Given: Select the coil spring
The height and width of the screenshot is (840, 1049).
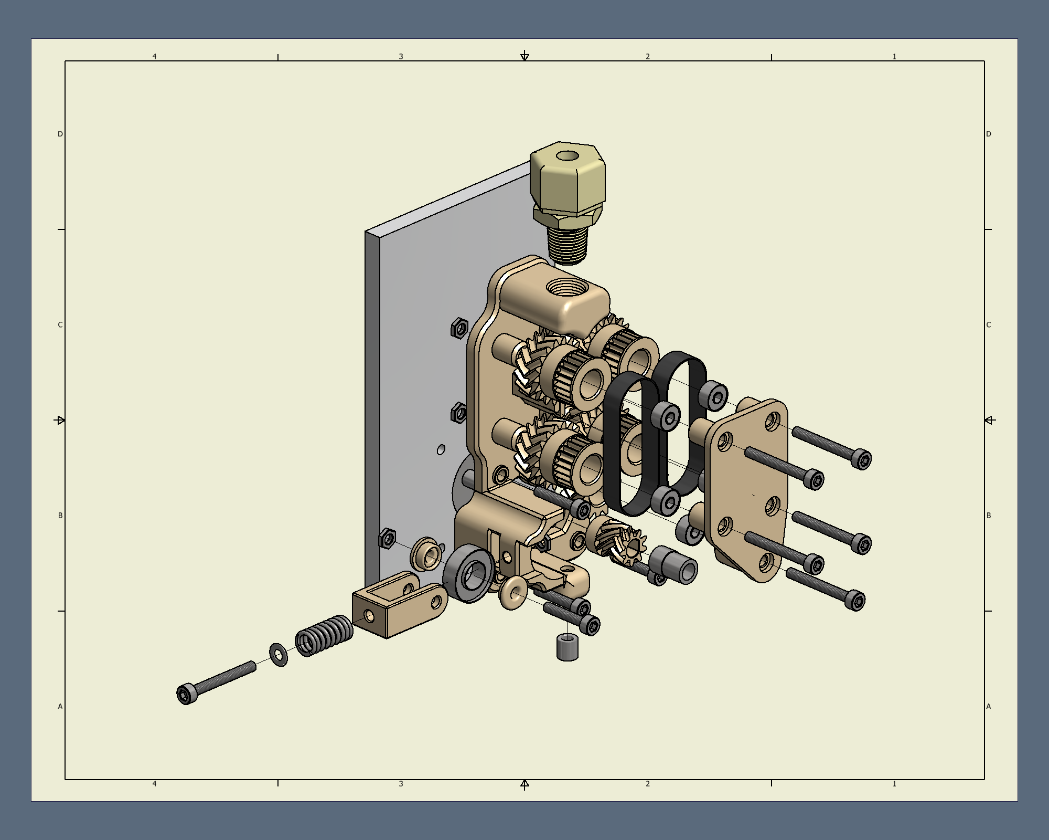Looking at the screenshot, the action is pyautogui.click(x=324, y=636).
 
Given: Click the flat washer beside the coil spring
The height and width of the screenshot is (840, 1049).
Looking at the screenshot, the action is pyautogui.click(x=279, y=655).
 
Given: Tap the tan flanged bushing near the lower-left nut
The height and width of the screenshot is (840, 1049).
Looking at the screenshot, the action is pyautogui.click(x=426, y=554).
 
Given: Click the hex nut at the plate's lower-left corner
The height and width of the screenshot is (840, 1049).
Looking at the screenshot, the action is pyautogui.click(x=388, y=539).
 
